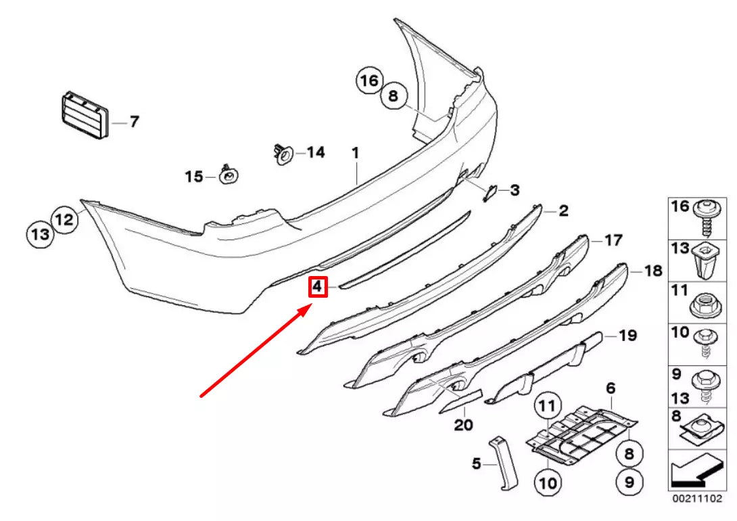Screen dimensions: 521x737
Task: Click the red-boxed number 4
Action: click(318, 288)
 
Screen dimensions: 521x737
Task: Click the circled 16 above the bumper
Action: click(369, 81)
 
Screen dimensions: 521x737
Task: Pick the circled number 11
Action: click(548, 407)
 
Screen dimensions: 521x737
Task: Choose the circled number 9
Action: click(629, 482)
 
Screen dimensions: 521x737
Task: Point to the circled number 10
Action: click(548, 482)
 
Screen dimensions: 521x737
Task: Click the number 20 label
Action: click(464, 425)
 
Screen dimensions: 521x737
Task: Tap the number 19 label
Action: click(628, 334)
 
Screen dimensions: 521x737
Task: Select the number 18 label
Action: click(652, 271)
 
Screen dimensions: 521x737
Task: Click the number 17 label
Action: click(613, 240)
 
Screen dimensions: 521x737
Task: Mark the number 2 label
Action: click(563, 211)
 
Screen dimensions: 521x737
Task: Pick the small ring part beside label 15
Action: click(229, 176)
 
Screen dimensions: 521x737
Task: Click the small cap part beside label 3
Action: click(488, 192)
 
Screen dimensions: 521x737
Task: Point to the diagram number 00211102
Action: click(692, 499)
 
